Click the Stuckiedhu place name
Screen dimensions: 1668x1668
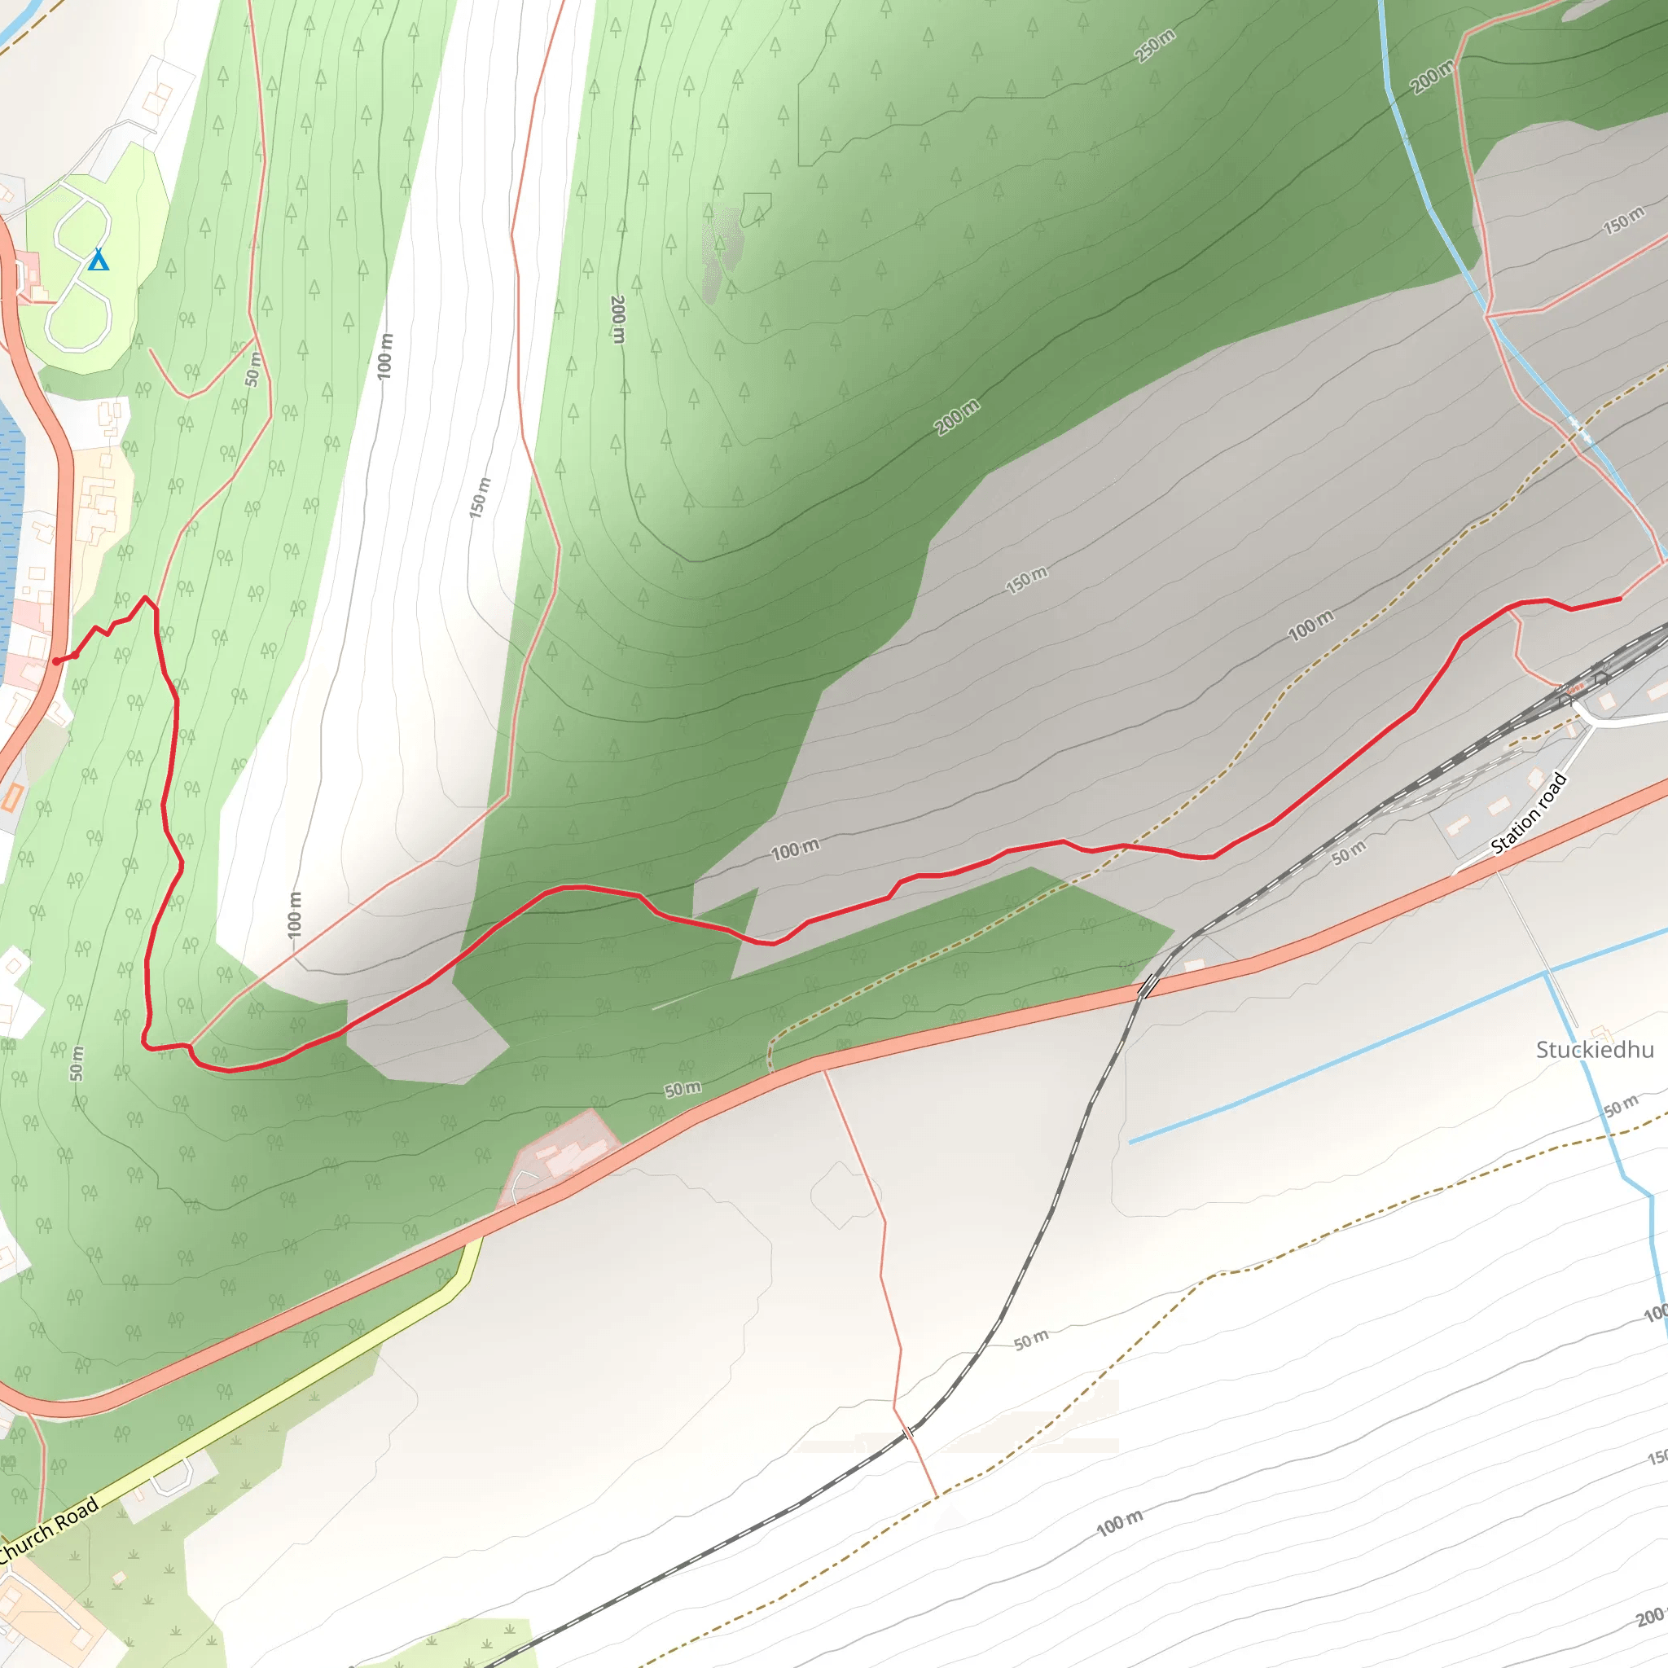[x=1595, y=1050]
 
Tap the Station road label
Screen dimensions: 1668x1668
[x=1529, y=814]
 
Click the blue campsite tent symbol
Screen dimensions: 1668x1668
[x=99, y=260]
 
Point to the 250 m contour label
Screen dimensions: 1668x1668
[x=1154, y=45]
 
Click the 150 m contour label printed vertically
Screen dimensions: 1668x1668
[x=480, y=498]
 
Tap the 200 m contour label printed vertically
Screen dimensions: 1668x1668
[x=618, y=319]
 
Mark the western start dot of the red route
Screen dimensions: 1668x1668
[x=56, y=662]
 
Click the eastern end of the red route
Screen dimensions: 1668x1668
[x=1620, y=599]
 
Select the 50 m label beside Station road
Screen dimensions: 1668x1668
[x=1349, y=852]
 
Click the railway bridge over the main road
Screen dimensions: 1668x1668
[x=1148, y=985]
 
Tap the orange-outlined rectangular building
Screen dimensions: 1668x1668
[x=11, y=796]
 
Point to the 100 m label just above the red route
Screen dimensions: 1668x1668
[x=795, y=850]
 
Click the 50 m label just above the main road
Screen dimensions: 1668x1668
[x=682, y=1090]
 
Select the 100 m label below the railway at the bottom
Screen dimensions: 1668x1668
[x=1120, y=1524]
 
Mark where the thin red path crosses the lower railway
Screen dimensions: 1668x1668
[x=907, y=1434]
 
